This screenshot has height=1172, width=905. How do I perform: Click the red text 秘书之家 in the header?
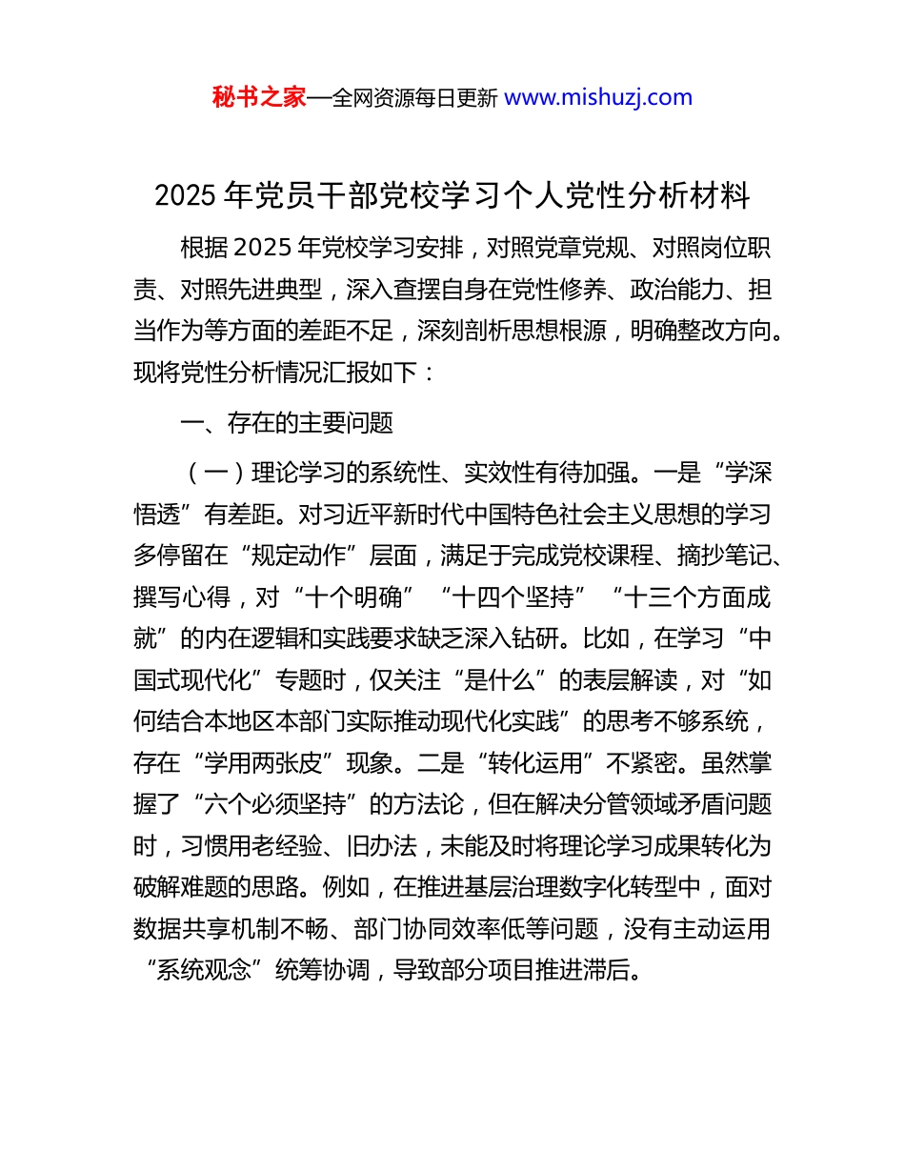point(259,97)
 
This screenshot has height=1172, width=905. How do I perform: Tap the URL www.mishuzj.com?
point(597,97)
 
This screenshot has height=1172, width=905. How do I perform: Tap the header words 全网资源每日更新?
point(414,97)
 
